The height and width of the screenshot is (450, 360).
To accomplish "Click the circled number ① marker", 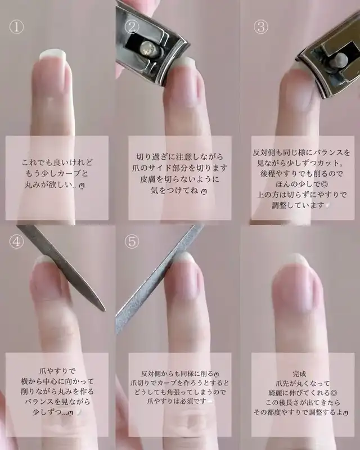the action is pyautogui.click(x=16, y=27).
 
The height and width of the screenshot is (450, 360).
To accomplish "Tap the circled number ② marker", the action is pyautogui.click(x=132, y=27).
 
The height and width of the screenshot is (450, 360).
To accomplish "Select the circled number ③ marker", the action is pyautogui.click(x=260, y=27).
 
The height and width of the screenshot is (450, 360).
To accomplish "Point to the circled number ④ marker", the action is pyautogui.click(x=16, y=242).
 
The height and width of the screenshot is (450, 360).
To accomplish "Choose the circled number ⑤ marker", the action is pyautogui.click(x=132, y=242).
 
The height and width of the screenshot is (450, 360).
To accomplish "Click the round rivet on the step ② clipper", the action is pyautogui.click(x=148, y=48).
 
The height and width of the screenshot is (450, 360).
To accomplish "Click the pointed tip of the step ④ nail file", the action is pyautogui.click(x=104, y=310).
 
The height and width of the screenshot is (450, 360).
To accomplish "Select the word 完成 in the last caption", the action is pyautogui.click(x=299, y=373).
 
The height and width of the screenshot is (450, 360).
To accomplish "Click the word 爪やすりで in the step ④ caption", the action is pyautogui.click(x=57, y=371).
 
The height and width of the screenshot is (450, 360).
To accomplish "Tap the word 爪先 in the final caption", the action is pyautogui.click(x=282, y=383).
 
